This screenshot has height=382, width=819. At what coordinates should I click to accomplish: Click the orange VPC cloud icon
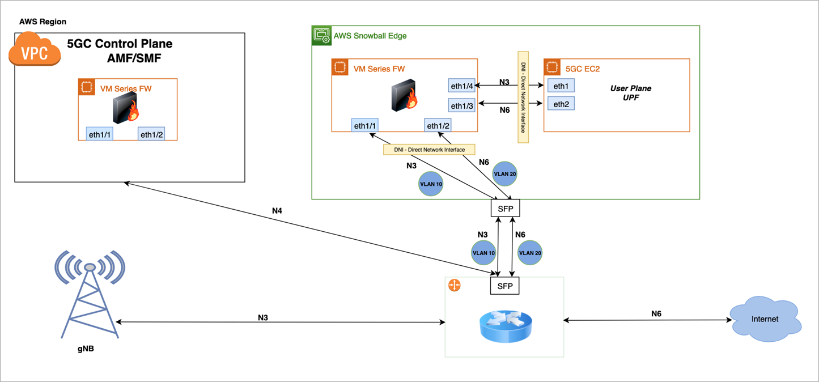pyautogui.click(x=35, y=49)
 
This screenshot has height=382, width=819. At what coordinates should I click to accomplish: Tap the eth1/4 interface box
pyautogui.click(x=461, y=86)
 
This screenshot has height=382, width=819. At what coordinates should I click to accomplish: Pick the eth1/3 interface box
pyautogui.click(x=461, y=105)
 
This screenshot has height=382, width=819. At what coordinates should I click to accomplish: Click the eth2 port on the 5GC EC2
pyautogui.click(x=561, y=104)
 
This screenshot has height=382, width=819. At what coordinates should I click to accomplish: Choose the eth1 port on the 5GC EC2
pyautogui.click(x=561, y=86)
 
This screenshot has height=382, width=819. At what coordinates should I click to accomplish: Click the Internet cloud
pyautogui.click(x=765, y=319)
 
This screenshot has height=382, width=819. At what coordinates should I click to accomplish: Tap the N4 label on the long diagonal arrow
pyautogui.click(x=277, y=211)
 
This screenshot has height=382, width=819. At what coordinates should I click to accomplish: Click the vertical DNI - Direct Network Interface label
pyautogui.click(x=523, y=96)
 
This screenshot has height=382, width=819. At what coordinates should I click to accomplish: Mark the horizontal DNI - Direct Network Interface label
pyautogui.click(x=429, y=150)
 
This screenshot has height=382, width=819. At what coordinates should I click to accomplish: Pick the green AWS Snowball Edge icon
pyautogui.click(x=322, y=35)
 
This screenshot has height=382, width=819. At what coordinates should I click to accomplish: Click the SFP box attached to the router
pyautogui.click(x=504, y=286)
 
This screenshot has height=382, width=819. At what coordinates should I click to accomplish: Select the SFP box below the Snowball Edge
pyautogui.click(x=504, y=209)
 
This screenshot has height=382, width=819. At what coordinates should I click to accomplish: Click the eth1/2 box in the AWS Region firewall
pyautogui.click(x=151, y=134)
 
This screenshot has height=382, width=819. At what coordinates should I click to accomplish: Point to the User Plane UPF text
pyautogui.click(x=630, y=93)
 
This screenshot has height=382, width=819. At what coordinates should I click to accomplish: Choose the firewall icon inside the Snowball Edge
pyautogui.click(x=405, y=96)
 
